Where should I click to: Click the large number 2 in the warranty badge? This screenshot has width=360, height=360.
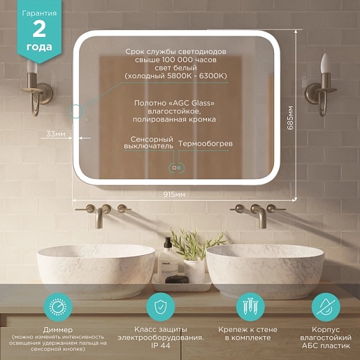(x=39, y=29)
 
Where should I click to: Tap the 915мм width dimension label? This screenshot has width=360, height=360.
(x=174, y=194)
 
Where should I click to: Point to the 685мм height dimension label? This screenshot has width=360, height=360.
(x=290, y=117)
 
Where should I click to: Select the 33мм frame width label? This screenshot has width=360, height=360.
(x=56, y=134)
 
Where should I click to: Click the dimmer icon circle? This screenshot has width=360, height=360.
(x=58, y=307)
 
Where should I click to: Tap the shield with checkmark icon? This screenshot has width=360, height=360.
(x=161, y=307)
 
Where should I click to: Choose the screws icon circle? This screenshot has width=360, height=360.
(x=250, y=307)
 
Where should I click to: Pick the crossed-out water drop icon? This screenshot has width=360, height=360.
(x=326, y=307)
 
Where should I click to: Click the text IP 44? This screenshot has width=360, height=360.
(x=161, y=345)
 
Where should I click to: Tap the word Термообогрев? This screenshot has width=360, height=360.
(x=206, y=143)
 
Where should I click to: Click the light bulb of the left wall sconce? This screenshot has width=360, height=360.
(x=32, y=66)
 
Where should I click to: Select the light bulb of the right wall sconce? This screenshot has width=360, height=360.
(x=326, y=63)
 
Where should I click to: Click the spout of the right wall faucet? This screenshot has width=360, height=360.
(x=261, y=217)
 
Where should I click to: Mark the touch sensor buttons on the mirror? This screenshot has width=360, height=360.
(x=176, y=168)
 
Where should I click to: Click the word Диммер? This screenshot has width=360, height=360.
(x=58, y=330)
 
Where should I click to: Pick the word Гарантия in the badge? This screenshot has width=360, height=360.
(x=39, y=13)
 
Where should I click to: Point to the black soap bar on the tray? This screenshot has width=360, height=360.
(x=177, y=279)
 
